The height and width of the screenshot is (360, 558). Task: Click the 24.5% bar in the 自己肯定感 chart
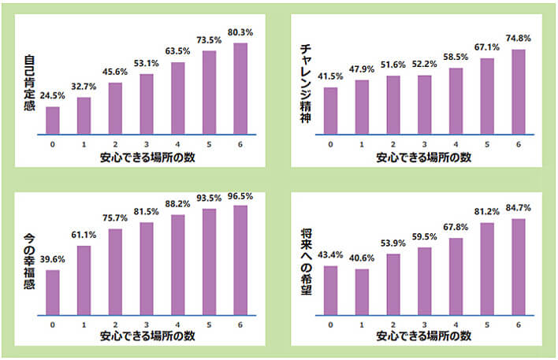click(53, 121)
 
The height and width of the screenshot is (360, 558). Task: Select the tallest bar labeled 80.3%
click(240, 89)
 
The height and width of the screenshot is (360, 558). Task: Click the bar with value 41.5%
click(331, 111)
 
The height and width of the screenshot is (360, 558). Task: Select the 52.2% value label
click(424, 65)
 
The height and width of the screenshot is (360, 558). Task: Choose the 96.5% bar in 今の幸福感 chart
click(240, 261)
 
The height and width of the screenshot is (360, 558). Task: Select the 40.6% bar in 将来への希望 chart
click(363, 292)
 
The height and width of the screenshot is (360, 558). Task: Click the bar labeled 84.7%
click(518, 267)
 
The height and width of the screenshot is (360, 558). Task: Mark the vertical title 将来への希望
click(306, 260)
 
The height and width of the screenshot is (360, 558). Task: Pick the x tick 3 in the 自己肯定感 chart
click(147, 145)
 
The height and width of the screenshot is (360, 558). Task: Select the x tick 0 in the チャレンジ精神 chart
click(331, 145)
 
